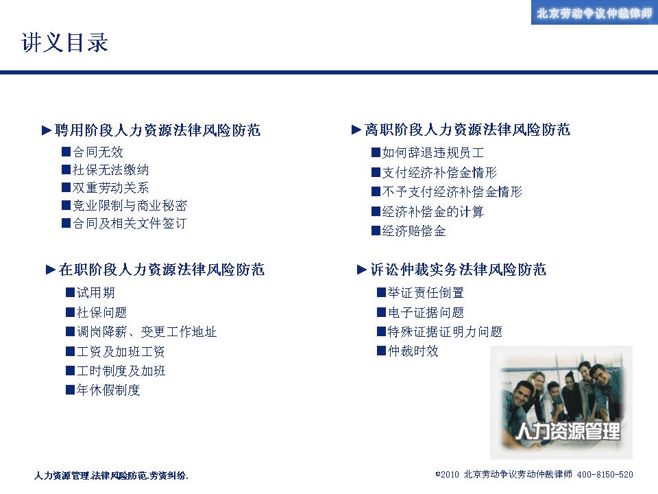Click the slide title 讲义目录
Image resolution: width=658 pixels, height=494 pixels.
[x=64, y=43]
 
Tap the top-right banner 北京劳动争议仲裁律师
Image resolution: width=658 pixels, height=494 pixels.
[x=594, y=14]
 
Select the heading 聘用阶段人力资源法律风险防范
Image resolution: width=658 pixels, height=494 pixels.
[x=158, y=130]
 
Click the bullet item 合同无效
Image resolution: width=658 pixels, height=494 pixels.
[x=98, y=152]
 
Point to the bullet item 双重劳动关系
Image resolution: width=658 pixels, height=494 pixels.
[x=111, y=187]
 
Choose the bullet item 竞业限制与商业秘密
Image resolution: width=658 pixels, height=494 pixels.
[x=130, y=205]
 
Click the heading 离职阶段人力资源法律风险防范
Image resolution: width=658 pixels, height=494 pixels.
[x=467, y=130]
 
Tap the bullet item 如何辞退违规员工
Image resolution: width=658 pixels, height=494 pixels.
[x=433, y=152]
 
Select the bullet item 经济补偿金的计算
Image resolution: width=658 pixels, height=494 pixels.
[x=433, y=211]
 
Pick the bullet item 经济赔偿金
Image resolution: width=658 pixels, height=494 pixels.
[x=414, y=231]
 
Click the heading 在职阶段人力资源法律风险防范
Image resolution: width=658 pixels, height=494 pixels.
[x=162, y=269]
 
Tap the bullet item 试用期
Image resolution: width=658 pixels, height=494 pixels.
[x=96, y=293]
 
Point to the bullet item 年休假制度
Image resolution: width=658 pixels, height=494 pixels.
[x=108, y=390]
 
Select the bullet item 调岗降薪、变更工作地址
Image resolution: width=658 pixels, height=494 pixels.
[x=147, y=332]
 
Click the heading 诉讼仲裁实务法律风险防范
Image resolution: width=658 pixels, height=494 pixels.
[x=459, y=269]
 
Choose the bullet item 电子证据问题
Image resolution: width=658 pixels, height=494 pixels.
[x=426, y=312]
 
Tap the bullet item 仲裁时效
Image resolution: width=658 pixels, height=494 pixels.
[x=413, y=351]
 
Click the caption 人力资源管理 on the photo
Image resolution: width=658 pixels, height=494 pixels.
[x=568, y=431]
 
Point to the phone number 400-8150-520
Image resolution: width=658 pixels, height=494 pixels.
[x=605, y=475]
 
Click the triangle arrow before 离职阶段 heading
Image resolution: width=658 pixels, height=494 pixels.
[x=356, y=130]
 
